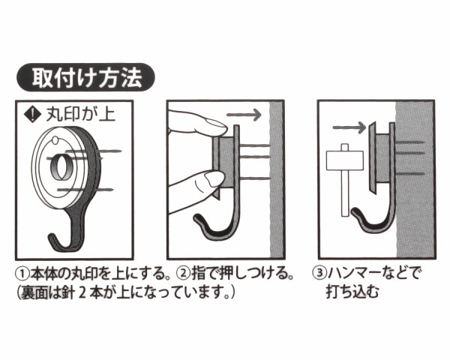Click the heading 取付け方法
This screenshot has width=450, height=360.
(86, 78)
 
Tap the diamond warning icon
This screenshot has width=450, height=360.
(33, 115)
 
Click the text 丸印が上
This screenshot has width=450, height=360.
(81, 115)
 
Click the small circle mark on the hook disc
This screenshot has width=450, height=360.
(55, 140)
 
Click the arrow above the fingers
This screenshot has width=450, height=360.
(244, 115)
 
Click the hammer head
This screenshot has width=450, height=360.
(345, 160)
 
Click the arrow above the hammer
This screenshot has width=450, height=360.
(349, 127)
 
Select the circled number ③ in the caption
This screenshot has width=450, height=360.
(319, 273)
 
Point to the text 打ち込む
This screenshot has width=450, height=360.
(352, 292)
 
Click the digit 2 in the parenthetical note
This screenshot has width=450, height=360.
(82, 292)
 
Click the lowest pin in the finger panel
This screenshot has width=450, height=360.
(254, 178)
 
